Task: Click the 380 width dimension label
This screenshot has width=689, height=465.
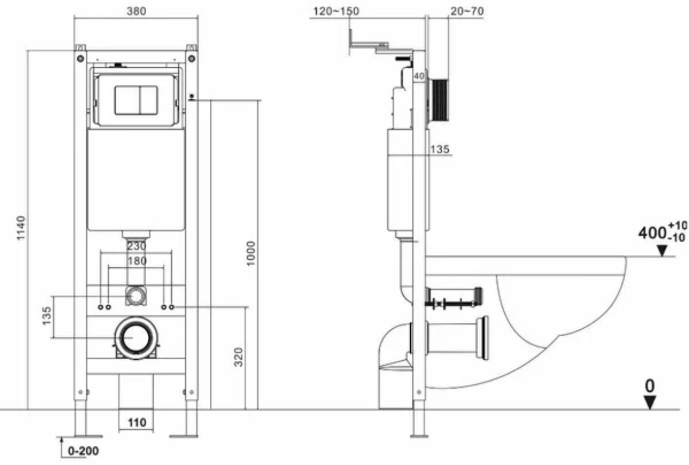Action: [136, 11]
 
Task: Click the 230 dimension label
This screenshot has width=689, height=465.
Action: [137, 246]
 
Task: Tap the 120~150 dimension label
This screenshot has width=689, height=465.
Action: [336, 11]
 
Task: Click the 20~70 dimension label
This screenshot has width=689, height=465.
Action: [468, 11]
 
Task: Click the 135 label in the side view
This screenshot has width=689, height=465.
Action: [440, 149]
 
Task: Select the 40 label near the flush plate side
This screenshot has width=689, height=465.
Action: [418, 77]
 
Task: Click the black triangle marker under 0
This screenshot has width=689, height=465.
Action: [650, 402]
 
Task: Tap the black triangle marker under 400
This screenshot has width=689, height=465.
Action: [662, 250]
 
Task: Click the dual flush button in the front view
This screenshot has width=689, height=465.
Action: [136, 100]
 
